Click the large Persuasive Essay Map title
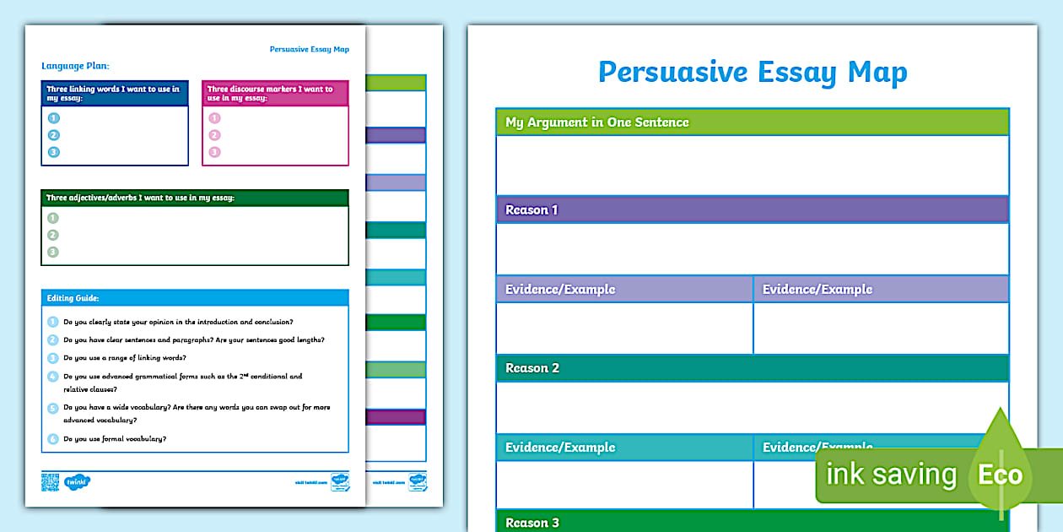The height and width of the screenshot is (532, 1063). click(753, 72)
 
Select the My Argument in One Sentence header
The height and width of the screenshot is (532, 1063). click(596, 122)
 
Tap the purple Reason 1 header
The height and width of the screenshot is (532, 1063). click(531, 209)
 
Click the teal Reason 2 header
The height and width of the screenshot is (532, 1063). click(532, 367)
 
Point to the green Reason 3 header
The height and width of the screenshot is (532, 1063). click(532, 523)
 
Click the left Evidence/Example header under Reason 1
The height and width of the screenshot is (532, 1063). click(560, 289)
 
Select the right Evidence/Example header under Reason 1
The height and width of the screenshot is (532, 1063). click(817, 289)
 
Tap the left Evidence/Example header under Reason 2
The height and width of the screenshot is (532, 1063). click(560, 447)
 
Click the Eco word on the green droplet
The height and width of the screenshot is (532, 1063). click(1000, 474)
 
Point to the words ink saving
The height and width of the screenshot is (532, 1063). click(891, 475)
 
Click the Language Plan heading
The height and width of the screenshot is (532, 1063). click(75, 65)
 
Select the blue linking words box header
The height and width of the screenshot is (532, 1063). click(114, 93)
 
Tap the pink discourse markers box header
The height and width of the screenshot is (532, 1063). click(274, 93)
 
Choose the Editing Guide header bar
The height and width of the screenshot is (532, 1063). click(194, 298)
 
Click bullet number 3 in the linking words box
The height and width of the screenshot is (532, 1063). click(54, 152)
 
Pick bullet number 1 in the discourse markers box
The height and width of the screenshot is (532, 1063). click(214, 118)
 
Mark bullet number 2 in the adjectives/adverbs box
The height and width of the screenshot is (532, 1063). click(53, 235)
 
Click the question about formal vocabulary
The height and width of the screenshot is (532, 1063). click(115, 439)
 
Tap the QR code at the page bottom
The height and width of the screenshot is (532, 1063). click(51, 482)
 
